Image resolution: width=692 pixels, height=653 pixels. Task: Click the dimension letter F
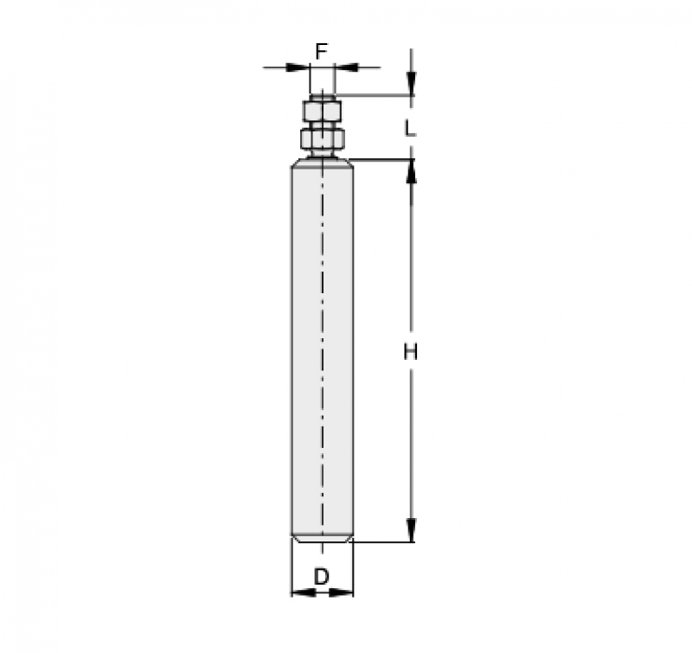(x=321, y=52)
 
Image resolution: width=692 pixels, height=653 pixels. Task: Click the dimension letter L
(x=410, y=128)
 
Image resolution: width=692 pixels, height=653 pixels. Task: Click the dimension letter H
(x=410, y=352)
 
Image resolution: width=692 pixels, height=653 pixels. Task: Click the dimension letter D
(x=322, y=576)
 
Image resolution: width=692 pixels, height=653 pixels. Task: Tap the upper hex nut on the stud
(x=322, y=112)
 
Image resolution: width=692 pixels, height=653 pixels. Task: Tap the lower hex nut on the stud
(x=322, y=138)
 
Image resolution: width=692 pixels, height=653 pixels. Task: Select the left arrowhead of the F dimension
(x=298, y=67)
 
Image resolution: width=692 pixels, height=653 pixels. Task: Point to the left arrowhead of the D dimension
(x=304, y=593)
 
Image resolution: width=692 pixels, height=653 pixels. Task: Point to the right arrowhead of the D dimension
(x=341, y=593)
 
